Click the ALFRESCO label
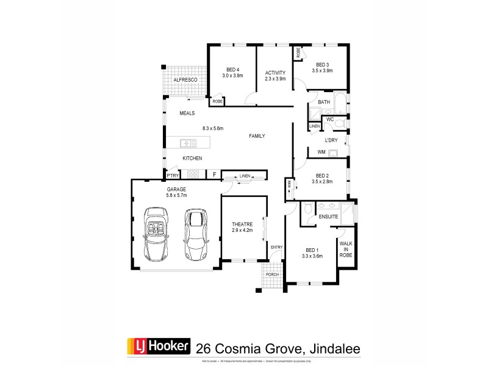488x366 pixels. (x=184, y=80)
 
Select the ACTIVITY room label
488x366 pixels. (x=275, y=73)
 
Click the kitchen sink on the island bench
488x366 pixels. (x=187, y=144)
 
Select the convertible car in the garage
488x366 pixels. (x=156, y=233)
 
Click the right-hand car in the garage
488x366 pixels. (x=196, y=234)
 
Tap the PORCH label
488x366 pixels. (x=272, y=274)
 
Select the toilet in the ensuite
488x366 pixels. (x=309, y=210)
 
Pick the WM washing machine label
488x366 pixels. (x=321, y=152)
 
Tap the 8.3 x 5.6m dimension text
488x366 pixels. (x=213, y=129)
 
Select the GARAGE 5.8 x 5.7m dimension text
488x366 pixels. (x=176, y=196)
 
